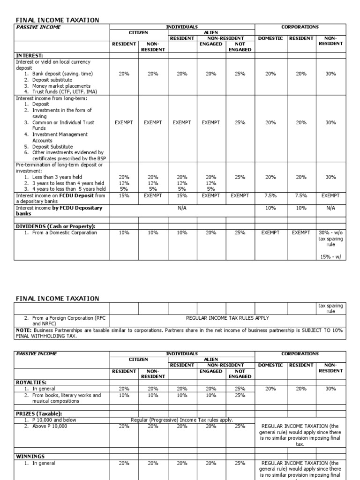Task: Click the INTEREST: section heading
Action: [30, 55]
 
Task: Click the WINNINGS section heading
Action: [30, 456]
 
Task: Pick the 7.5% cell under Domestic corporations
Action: [270, 195]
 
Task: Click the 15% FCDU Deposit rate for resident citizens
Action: [124, 195]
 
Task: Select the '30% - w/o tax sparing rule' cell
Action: [330, 239]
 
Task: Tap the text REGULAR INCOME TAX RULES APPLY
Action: [227, 318]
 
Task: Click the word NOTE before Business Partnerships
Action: [23, 330]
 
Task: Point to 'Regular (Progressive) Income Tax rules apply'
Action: [182, 420]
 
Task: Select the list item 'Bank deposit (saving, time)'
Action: [62, 74]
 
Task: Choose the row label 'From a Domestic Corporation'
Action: [65, 232]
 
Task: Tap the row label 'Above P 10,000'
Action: [49, 426]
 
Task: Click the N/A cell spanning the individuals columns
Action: [182, 208]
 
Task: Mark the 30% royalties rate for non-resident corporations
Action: [330, 389]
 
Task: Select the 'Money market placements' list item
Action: [61, 86]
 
